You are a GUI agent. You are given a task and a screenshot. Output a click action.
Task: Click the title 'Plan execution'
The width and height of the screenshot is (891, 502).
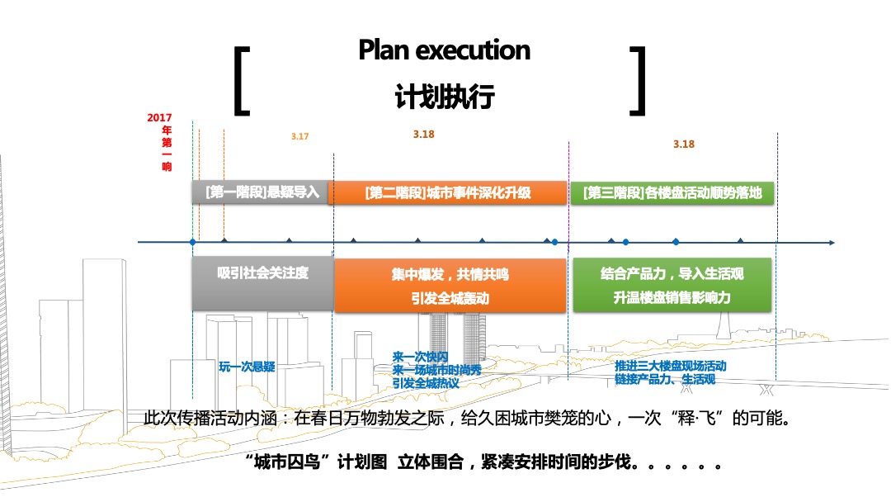(x=444, y=50)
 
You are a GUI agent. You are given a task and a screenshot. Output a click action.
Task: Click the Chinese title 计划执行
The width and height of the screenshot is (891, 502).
(x=444, y=97)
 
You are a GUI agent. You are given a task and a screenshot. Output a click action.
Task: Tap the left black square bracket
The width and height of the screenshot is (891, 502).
(x=242, y=80)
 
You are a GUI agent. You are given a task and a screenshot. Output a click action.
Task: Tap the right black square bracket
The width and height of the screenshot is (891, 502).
(x=637, y=80)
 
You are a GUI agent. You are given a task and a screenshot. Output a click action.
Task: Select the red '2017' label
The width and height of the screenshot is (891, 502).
(x=159, y=117)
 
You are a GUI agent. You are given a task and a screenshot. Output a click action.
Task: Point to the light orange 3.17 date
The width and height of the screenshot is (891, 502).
(x=299, y=136)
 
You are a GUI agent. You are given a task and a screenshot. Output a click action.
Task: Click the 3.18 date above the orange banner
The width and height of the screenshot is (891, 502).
(x=423, y=134)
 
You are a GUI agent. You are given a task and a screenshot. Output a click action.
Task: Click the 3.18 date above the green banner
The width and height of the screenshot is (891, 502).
(x=683, y=144)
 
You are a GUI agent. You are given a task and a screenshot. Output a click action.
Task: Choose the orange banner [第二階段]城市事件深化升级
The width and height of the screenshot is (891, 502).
(x=447, y=193)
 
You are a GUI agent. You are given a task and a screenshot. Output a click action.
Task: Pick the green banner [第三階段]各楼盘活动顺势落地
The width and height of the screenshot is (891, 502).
(x=672, y=193)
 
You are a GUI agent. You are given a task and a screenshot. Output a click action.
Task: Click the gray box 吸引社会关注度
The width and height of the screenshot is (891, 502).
(x=262, y=273)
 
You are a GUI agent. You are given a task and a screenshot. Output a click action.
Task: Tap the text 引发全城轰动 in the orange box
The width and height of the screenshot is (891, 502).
(x=450, y=299)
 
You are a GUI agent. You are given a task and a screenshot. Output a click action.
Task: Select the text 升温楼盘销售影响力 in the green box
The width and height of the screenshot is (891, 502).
(x=672, y=297)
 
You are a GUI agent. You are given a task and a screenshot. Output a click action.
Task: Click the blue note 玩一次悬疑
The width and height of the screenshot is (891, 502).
(x=247, y=367)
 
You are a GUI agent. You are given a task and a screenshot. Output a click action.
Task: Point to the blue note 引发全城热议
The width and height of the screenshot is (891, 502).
(x=426, y=383)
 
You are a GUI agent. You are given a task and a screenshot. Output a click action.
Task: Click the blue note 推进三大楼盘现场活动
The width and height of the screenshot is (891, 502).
(x=671, y=366)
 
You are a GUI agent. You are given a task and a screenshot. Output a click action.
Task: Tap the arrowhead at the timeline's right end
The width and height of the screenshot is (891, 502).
(x=830, y=243)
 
